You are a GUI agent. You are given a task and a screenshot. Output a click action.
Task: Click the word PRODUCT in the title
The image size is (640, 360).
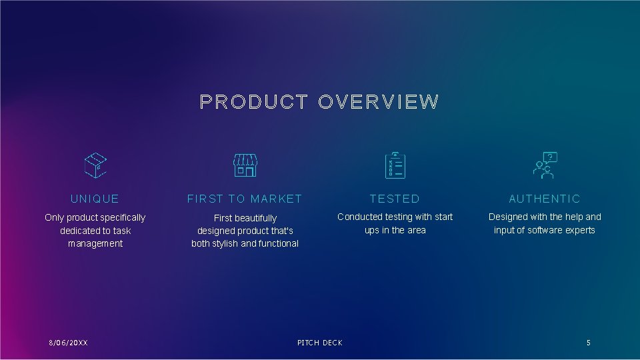click(x=253, y=102)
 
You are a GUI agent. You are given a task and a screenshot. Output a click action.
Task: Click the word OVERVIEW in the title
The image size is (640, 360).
click(x=379, y=102)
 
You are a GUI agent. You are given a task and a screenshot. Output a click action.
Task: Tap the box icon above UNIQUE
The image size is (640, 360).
click(x=95, y=165)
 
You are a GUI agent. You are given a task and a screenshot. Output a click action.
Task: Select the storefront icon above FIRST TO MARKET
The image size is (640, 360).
click(x=245, y=165)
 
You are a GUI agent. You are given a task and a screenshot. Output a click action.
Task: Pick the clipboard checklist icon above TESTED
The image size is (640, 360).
click(x=395, y=165)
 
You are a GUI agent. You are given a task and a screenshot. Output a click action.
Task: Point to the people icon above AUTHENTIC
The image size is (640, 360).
click(x=544, y=165)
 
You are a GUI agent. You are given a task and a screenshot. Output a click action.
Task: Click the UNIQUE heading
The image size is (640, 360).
click(x=95, y=199)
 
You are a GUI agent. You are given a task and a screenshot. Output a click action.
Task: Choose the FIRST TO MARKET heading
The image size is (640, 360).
click(x=245, y=199)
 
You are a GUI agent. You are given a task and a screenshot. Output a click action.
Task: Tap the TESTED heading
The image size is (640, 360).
click(x=395, y=199)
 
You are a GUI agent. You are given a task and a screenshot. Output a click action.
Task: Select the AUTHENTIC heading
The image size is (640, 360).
click(x=545, y=199)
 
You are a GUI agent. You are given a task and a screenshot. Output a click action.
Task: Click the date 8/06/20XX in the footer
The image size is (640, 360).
click(x=68, y=343)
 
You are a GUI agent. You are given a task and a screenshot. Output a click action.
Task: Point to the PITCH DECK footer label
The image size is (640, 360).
click(x=320, y=343)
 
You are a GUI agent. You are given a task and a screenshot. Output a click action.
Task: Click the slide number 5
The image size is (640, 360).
click(x=588, y=343)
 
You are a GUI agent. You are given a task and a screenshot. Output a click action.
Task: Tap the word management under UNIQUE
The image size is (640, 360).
click(x=95, y=243)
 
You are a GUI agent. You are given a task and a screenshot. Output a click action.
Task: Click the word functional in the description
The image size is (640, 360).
click(x=279, y=243)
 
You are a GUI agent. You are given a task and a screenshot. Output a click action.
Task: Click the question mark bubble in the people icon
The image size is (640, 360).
click(x=550, y=157)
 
